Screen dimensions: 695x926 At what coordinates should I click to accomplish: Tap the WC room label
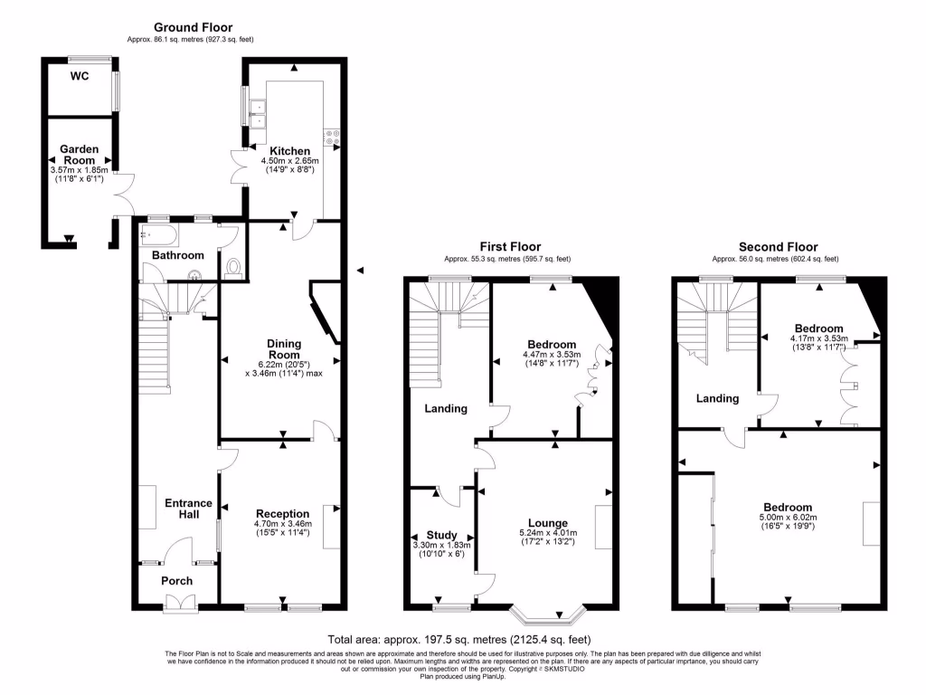[80, 76]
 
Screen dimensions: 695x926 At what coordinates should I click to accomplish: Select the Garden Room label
[79, 154]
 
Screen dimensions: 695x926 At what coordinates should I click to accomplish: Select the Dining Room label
[283, 349]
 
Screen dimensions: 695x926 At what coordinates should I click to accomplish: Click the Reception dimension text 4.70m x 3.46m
[282, 524]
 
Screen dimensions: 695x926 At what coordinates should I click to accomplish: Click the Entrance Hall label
[188, 509]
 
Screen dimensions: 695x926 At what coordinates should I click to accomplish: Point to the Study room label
[441, 535]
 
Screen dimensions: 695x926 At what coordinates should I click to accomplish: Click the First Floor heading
[510, 246]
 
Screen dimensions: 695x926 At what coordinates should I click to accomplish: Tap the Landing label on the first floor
[446, 409]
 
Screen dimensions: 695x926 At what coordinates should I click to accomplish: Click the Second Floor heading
[778, 246]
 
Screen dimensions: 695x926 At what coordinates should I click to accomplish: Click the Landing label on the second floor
[717, 398]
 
